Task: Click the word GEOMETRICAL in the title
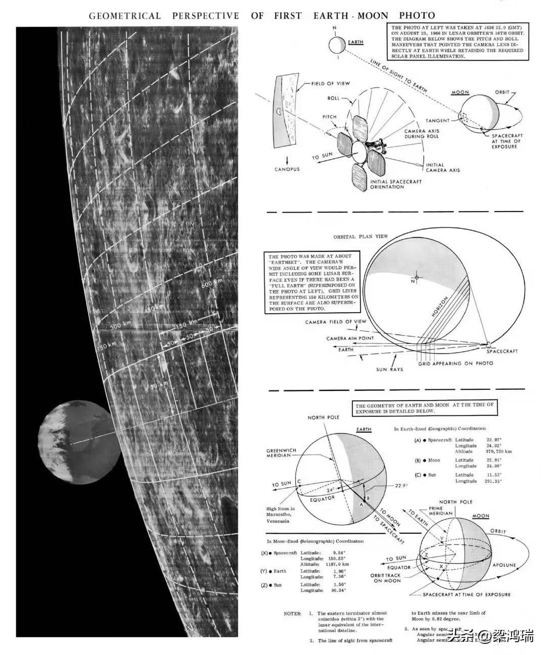click(x=124, y=16)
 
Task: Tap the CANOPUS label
click(x=287, y=169)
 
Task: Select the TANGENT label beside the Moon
click(x=438, y=121)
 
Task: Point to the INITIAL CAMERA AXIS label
click(x=443, y=168)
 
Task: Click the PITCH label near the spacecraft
click(x=330, y=117)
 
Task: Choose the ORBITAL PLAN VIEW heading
click(x=360, y=237)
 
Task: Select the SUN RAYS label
click(x=390, y=370)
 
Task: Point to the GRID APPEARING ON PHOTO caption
click(x=455, y=364)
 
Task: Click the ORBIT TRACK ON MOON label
click(x=385, y=578)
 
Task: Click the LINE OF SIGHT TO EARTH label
click(x=399, y=76)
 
